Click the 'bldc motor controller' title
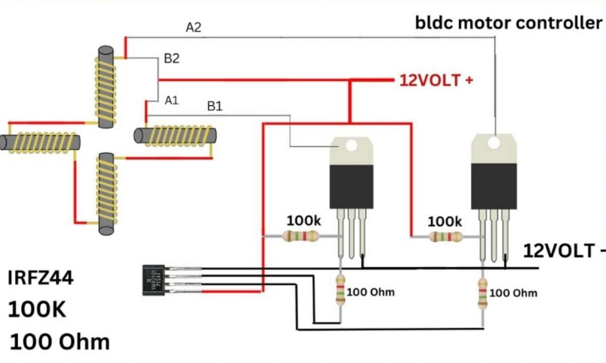pyautogui.click(x=509, y=23)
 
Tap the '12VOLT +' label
pyautogui.click(x=436, y=79)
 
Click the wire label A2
pyautogui.click(x=194, y=28)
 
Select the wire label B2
pyautogui.click(x=172, y=57)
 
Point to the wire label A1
pyautogui.click(x=172, y=100)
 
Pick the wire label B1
pyautogui.click(x=215, y=107)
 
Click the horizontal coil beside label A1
pyautogui.click(x=176, y=135)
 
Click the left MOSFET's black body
pyautogui.click(x=351, y=186)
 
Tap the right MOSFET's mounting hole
pyautogui.click(x=494, y=142)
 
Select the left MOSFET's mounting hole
pyautogui.click(x=351, y=146)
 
